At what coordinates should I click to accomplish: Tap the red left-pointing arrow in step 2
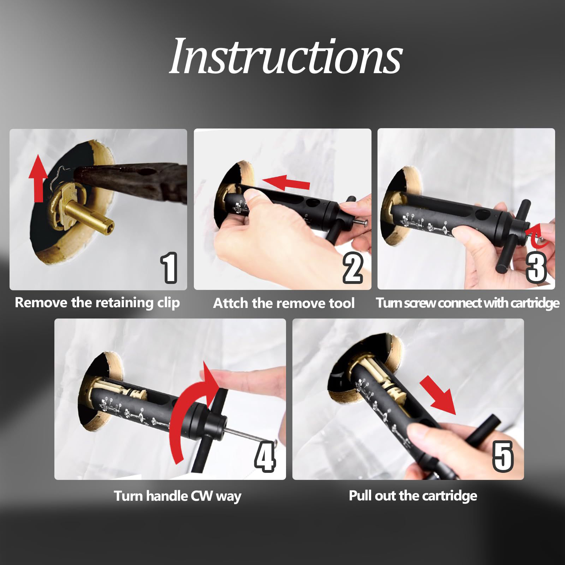click(285, 182)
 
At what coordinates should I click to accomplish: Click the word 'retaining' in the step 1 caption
click(124, 303)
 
